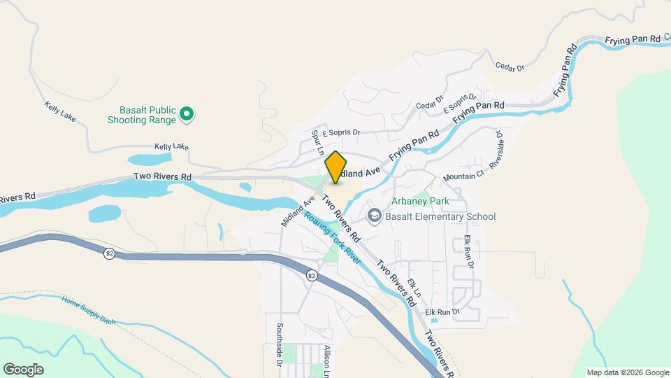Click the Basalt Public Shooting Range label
click(x=142, y=115)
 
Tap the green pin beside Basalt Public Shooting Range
click(x=187, y=113)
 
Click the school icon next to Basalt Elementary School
click(x=375, y=216)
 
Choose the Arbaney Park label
click(x=419, y=202)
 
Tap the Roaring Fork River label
click(x=332, y=238)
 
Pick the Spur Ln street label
click(x=318, y=142)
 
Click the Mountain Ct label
click(x=463, y=176)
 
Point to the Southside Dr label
click(x=278, y=345)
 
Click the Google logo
click(x=23, y=369)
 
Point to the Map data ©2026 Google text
click(x=627, y=372)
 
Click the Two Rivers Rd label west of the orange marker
click(x=163, y=178)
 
